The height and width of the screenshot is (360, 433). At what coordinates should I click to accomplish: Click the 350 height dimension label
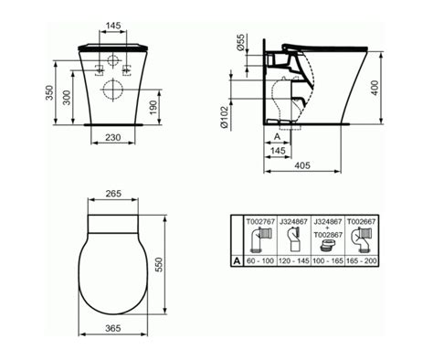(49, 92)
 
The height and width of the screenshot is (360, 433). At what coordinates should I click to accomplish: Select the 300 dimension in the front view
(67, 98)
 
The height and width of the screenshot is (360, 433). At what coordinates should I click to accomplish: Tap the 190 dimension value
(153, 108)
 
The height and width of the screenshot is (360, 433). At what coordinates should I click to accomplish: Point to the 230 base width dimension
(113, 138)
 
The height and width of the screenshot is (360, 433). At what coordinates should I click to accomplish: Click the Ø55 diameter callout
(240, 43)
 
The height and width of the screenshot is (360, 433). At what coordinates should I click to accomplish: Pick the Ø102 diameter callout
(224, 117)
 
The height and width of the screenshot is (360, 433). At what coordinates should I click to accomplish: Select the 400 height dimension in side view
(375, 88)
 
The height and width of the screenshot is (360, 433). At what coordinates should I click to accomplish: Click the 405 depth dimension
(302, 165)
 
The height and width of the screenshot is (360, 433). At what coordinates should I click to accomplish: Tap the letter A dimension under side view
(277, 137)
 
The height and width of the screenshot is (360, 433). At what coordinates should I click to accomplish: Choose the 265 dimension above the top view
(113, 194)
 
